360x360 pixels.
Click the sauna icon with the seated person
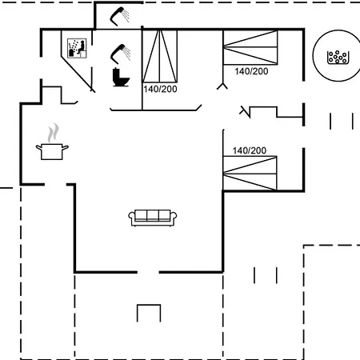(x=77, y=48)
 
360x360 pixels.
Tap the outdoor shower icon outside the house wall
(x=120, y=16)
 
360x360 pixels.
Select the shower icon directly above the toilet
(x=120, y=54)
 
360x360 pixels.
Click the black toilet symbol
(x=121, y=78)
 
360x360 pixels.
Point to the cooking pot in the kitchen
(x=52, y=151)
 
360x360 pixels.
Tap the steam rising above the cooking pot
(x=53, y=133)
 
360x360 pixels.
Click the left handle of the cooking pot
(x=39, y=147)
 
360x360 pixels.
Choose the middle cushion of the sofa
(x=153, y=215)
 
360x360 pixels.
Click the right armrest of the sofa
(x=174, y=216)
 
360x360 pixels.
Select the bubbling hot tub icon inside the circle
(x=338, y=58)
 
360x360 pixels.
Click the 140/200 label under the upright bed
(x=160, y=89)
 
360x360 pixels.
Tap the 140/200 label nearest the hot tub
(x=251, y=71)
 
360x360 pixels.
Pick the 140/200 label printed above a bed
(x=250, y=150)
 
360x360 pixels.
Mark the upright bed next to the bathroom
(x=159, y=56)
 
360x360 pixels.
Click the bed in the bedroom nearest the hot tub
(x=250, y=47)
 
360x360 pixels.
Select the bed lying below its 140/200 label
(x=250, y=174)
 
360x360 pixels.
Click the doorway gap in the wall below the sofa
(x=148, y=272)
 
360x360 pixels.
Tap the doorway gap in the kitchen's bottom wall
(x=55, y=184)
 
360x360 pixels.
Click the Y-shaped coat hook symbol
(x=222, y=86)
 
